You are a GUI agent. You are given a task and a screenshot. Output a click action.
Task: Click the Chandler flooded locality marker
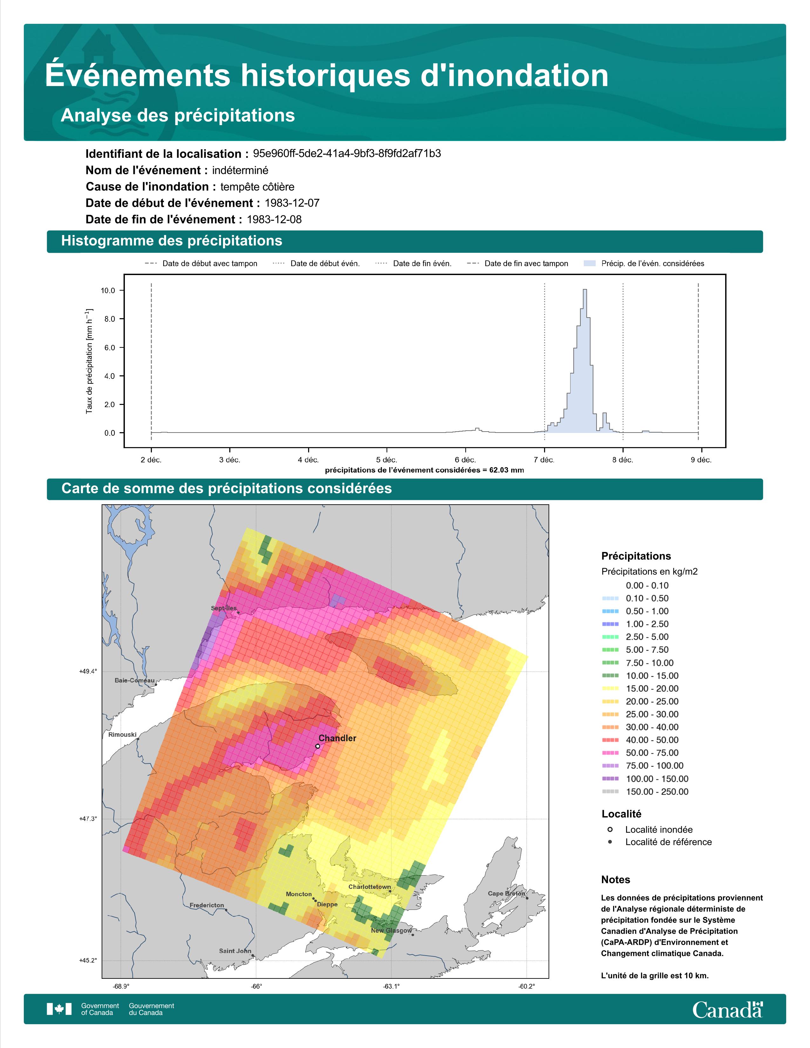pyautogui.click(x=318, y=746)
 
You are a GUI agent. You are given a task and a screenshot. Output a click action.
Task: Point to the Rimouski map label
pyautogui.click(x=122, y=735)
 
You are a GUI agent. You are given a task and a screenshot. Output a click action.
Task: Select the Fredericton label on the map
pyautogui.click(x=207, y=905)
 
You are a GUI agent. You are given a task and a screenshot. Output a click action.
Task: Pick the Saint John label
pyautogui.click(x=235, y=951)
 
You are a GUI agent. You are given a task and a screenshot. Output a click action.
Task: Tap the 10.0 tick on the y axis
pyautogui.click(x=108, y=290)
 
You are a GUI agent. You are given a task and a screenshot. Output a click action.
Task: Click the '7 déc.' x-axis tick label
pyautogui.click(x=544, y=460)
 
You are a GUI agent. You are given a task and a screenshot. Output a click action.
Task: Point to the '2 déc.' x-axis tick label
pyautogui.click(x=151, y=460)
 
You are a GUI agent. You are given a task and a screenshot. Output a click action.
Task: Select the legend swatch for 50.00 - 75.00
pyautogui.click(x=610, y=753)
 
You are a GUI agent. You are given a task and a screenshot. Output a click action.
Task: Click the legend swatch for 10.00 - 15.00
pyautogui.click(x=610, y=675)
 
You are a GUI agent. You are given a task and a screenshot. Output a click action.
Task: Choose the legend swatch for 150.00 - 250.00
pyautogui.click(x=610, y=792)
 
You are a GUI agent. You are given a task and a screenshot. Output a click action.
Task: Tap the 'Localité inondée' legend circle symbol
pyautogui.click(x=610, y=830)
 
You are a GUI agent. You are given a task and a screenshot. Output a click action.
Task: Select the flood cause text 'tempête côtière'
pyautogui.click(x=257, y=187)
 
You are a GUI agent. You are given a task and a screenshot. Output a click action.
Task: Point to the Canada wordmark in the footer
pyautogui.click(x=727, y=1009)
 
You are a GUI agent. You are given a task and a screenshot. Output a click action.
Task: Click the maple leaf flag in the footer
pyautogui.click(x=59, y=1009)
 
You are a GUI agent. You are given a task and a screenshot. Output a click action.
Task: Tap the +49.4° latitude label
pyautogui.click(x=88, y=671)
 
